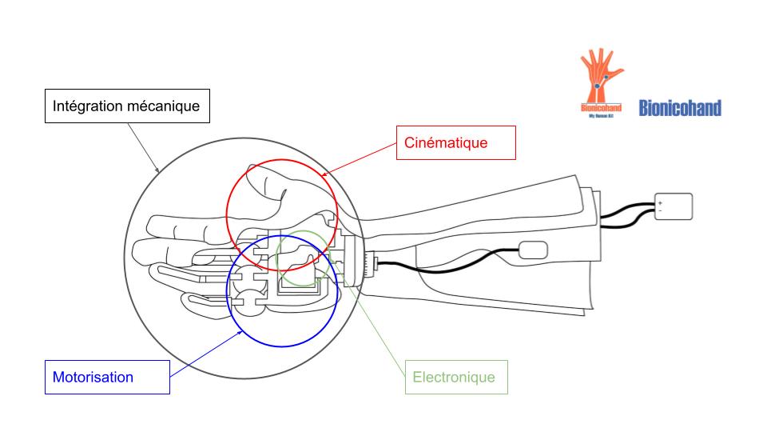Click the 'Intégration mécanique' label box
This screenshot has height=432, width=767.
pos(125,106)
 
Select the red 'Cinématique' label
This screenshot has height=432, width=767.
pos(456,142)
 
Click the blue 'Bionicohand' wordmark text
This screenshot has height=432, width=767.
pos(680,108)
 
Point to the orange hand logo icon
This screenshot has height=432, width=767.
pos(601,76)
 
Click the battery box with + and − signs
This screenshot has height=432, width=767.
pos(673,206)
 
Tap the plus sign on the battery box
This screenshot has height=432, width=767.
pos(660,202)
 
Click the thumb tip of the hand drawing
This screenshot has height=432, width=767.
pos(254,173)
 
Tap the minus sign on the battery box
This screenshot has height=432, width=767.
pos(660,210)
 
